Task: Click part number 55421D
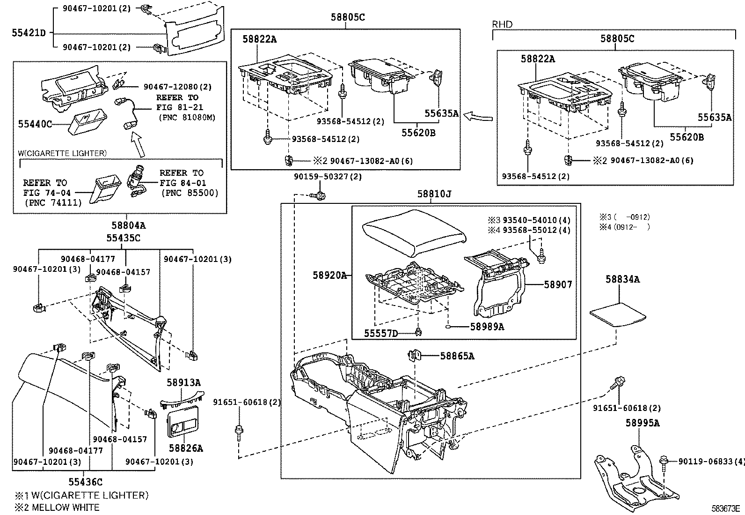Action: tap(29, 33)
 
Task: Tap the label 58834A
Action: tap(622, 279)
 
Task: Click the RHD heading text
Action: tap(502, 24)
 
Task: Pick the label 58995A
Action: tap(643, 423)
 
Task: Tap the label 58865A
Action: tap(457, 356)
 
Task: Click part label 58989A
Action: tap(487, 327)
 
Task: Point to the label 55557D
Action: tap(381, 333)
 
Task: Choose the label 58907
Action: tap(558, 284)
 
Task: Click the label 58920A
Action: tap(329, 276)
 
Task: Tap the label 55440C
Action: tap(35, 124)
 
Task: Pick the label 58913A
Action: tap(183, 383)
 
